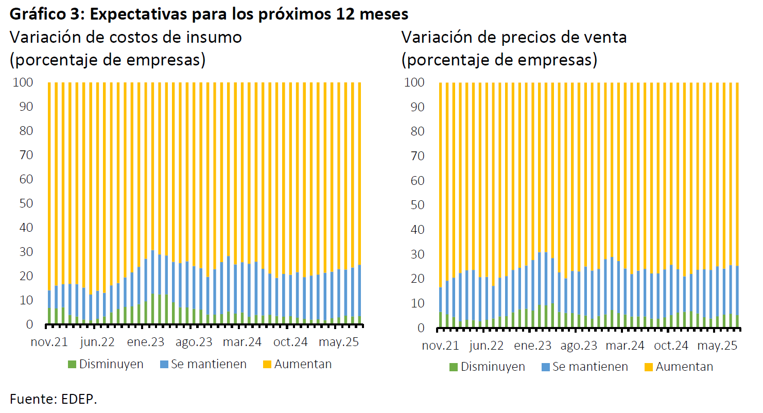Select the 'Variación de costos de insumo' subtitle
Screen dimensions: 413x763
coord(126,38)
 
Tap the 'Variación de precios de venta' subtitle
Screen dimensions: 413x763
coord(514,38)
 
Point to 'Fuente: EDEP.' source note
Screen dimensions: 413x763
coord(54,399)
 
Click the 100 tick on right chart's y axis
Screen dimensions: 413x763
coord(414,82)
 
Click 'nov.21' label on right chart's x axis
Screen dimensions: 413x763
coord(440,346)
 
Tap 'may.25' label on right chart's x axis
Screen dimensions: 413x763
coord(716,346)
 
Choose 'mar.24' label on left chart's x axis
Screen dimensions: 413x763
coord(241,342)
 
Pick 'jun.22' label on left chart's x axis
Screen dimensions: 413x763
coord(97,342)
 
